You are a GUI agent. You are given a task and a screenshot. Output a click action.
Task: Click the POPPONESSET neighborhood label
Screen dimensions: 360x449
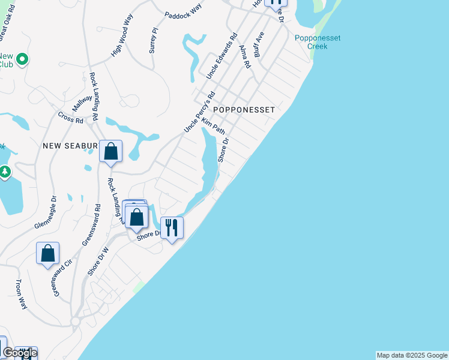244,110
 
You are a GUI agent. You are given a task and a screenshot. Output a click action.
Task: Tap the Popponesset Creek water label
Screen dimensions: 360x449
318,42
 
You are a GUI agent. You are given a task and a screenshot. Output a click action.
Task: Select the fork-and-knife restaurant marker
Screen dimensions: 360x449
172,227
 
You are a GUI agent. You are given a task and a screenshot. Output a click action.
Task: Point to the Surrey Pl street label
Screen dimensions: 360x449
154,40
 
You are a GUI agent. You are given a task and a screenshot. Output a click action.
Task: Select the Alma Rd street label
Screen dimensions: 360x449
244,56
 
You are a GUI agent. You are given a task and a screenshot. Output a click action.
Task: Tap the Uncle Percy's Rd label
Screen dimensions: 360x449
199,112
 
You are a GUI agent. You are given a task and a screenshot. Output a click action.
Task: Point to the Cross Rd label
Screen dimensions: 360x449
71,118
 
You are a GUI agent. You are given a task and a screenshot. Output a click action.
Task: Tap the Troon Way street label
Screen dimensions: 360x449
21,295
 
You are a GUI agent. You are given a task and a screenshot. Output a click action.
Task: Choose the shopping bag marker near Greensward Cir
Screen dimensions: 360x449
48,253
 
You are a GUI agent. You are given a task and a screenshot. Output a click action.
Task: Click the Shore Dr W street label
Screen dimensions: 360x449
98,262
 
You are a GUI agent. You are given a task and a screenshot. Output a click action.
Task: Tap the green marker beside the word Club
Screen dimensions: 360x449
22,59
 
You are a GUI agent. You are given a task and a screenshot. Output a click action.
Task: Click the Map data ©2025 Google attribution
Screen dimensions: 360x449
412,355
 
